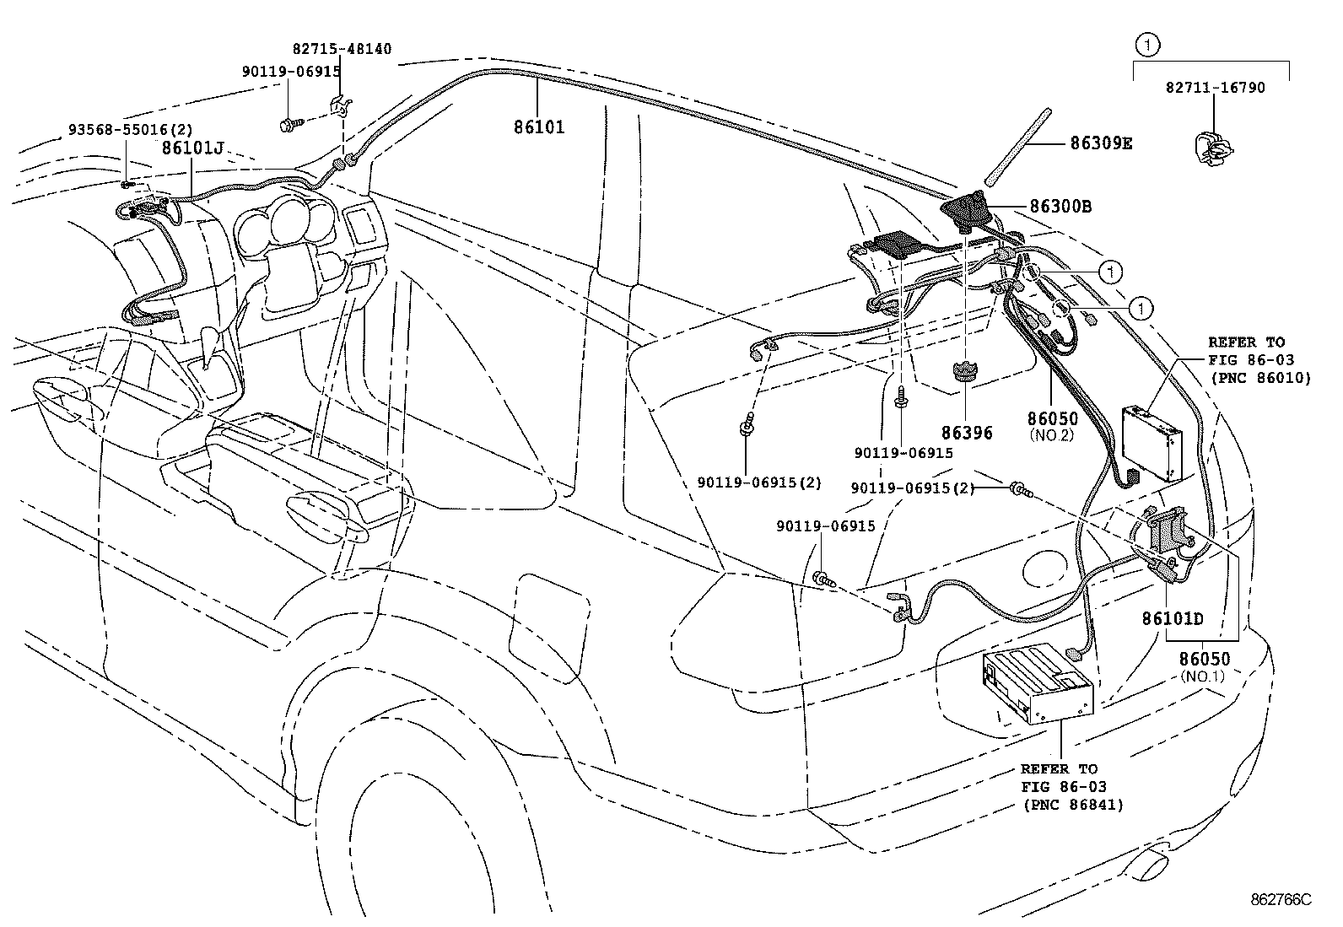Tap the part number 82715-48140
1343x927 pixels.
click(342, 49)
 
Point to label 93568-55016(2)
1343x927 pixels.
click(130, 130)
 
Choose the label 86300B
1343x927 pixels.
click(1060, 205)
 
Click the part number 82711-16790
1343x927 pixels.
click(1216, 87)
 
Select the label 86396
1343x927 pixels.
click(967, 433)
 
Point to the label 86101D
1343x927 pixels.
click(1173, 618)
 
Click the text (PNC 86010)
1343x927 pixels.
click(1260, 378)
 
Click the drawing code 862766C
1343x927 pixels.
click(1281, 899)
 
